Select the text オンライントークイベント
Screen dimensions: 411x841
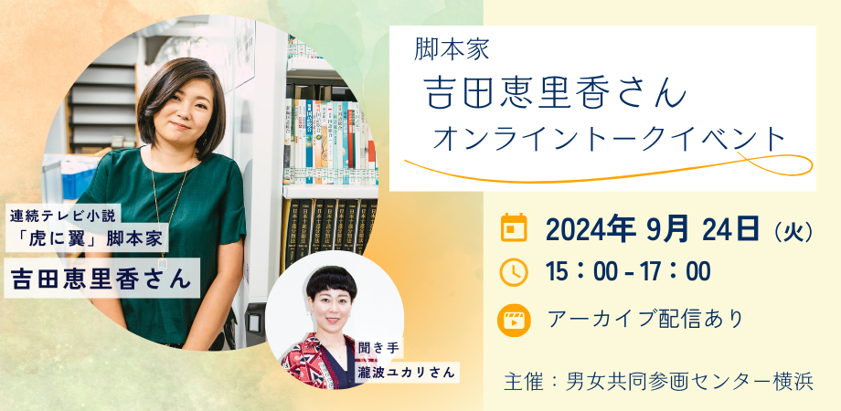(609, 140)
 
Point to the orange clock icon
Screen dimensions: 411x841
(515, 272)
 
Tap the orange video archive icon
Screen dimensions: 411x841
(515, 319)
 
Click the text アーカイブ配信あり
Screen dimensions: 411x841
(644, 319)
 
